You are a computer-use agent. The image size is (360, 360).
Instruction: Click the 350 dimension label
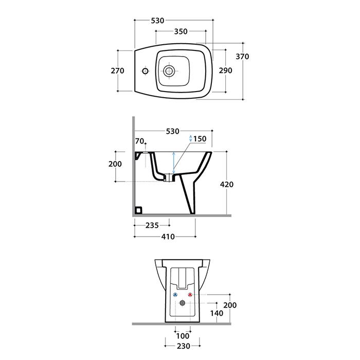[x=181, y=31]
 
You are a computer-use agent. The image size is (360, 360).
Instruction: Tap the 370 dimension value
[x=242, y=57]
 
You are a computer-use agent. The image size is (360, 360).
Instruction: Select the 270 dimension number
[x=117, y=71]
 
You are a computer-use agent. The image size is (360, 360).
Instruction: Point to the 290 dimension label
[x=225, y=70]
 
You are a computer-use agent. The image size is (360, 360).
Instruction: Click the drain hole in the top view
[x=169, y=71]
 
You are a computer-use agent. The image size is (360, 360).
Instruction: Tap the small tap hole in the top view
[x=145, y=71]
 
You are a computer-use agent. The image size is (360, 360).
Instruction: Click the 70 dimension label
[x=139, y=141]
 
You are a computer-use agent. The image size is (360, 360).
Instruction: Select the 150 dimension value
[x=200, y=139]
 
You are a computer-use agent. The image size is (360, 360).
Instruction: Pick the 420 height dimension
[x=227, y=184]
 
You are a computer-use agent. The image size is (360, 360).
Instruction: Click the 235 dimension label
[x=152, y=225]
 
